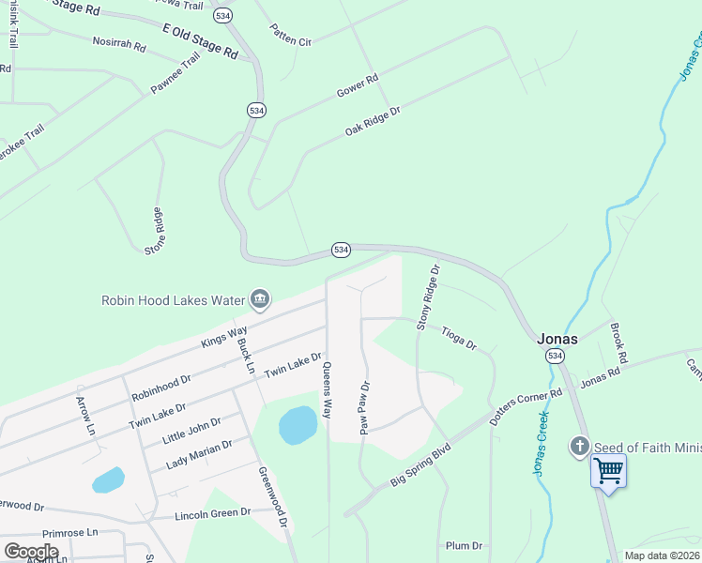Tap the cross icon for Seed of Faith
click(580, 447)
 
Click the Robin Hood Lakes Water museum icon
click(260, 300)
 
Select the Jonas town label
click(557, 339)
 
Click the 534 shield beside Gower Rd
click(257, 110)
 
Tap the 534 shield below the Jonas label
click(555, 357)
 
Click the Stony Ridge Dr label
click(429, 297)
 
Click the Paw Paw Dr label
click(365, 407)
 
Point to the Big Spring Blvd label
click(421, 466)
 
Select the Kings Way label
click(224, 337)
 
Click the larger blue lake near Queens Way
click(298, 425)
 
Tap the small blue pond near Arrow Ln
click(108, 480)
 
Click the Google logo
click(31, 552)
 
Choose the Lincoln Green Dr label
click(212, 513)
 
